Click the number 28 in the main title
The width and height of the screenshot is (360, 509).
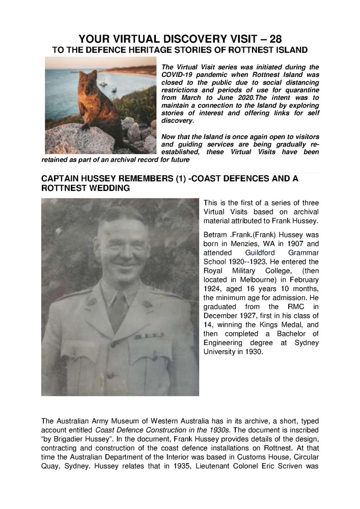272,39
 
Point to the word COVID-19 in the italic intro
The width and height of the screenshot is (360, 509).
180,74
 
